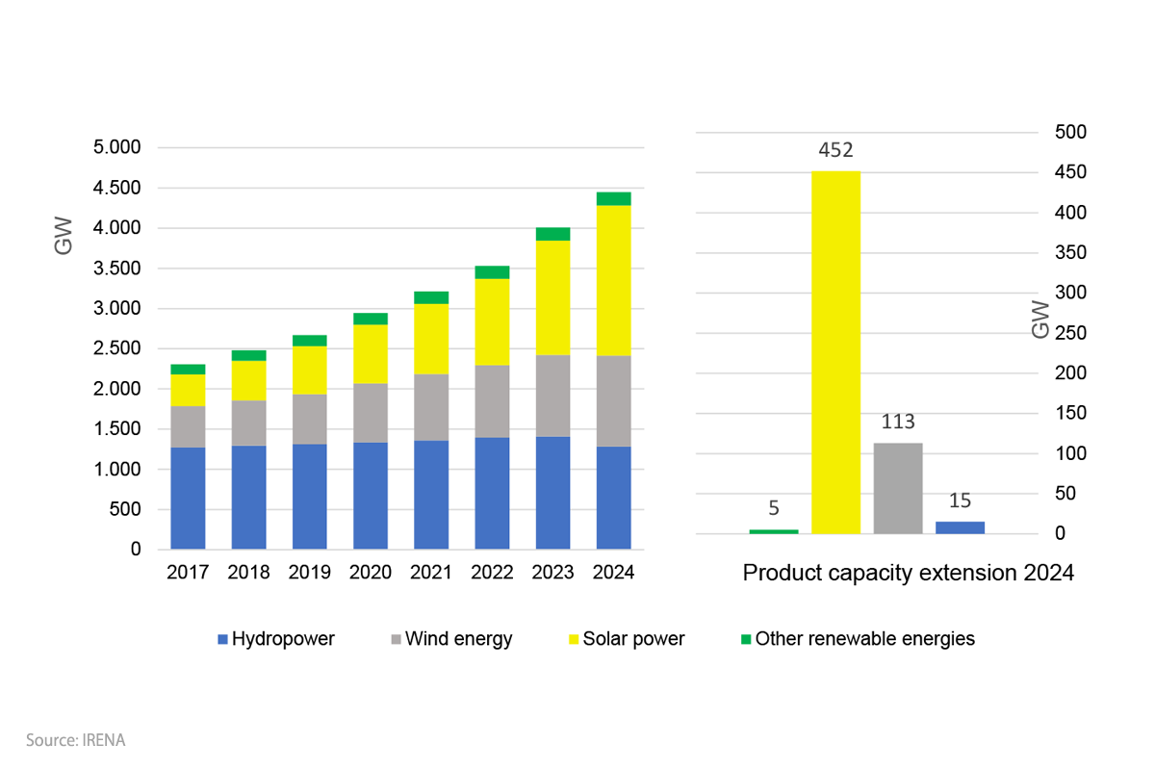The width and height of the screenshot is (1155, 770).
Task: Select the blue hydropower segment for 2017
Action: pyautogui.click(x=188, y=499)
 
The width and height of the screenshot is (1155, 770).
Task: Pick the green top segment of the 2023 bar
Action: pyautogui.click(x=552, y=234)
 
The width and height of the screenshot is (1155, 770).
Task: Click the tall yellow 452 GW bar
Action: pyautogui.click(x=835, y=352)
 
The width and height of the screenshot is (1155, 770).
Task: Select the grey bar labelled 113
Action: pyautogui.click(x=897, y=488)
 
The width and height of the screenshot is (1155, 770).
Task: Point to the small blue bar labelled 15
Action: pyautogui.click(x=960, y=527)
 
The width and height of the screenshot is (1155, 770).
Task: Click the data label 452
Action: pyautogui.click(x=835, y=150)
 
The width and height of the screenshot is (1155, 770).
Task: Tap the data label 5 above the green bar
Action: pyautogui.click(x=774, y=510)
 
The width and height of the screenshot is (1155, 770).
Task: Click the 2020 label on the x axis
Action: pyautogui.click(x=371, y=573)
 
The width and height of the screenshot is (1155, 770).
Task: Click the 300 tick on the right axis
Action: pyautogui.click(x=1070, y=293)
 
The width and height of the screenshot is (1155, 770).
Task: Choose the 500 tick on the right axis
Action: pyautogui.click(x=1070, y=132)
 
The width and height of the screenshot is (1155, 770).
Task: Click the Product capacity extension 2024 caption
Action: pyautogui.click(x=908, y=574)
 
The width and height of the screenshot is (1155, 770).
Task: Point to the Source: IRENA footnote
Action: pyautogui.click(x=76, y=740)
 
